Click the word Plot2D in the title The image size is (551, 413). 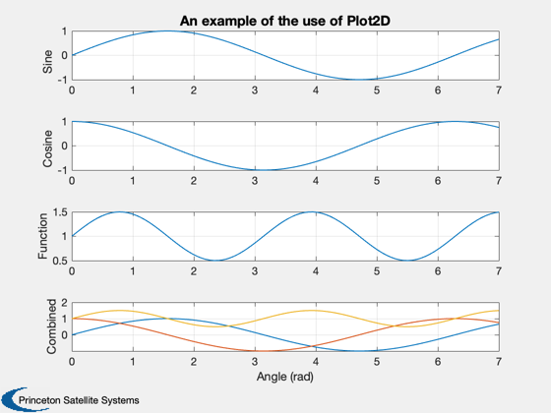pyautogui.click(x=369, y=21)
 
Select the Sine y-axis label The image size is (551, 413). pyautogui.click(x=47, y=62)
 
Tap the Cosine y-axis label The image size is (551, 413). pyautogui.click(x=47, y=148)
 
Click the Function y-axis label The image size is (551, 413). pyautogui.click(x=42, y=236)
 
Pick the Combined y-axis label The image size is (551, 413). pyautogui.click(x=51, y=326)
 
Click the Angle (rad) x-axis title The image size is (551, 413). pyautogui.click(x=285, y=377)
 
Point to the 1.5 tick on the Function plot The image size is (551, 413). pyautogui.click(x=60, y=212)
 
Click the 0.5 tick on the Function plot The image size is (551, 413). pyautogui.click(x=60, y=261)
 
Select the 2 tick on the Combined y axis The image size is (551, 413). pyautogui.click(x=64, y=303)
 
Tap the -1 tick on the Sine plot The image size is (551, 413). pyautogui.click(x=62, y=80)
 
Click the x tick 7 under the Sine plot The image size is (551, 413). pyautogui.click(x=499, y=90)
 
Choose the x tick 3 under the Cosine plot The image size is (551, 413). pyautogui.click(x=255, y=181)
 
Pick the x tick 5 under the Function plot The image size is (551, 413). pyautogui.click(x=377, y=271)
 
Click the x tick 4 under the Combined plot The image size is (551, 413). pyautogui.click(x=316, y=362)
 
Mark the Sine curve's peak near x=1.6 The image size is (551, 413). pyautogui.click(x=168, y=31)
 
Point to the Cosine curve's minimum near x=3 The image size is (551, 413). pyautogui.click(x=264, y=170)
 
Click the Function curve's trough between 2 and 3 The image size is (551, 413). pyautogui.click(x=215, y=261)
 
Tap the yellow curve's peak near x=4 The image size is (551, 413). pyautogui.click(x=312, y=311)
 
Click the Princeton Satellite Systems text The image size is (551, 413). pyautogui.click(x=79, y=400)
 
